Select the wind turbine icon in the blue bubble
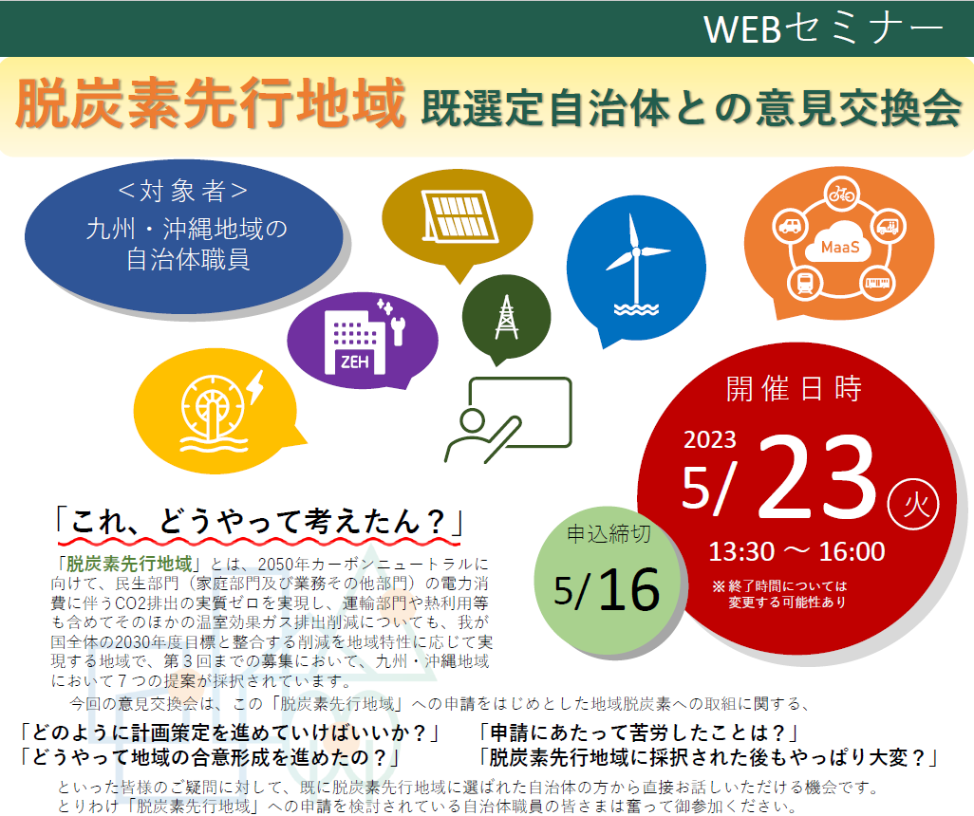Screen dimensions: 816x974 click(635, 262)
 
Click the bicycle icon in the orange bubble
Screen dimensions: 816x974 click(841, 195)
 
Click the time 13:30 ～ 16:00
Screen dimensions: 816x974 click(796, 551)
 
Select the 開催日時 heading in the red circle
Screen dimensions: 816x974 click(794, 389)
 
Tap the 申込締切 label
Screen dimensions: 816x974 click(609, 533)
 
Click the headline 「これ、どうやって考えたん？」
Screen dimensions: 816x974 click(257, 520)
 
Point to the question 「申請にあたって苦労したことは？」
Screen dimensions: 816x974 click(638, 733)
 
